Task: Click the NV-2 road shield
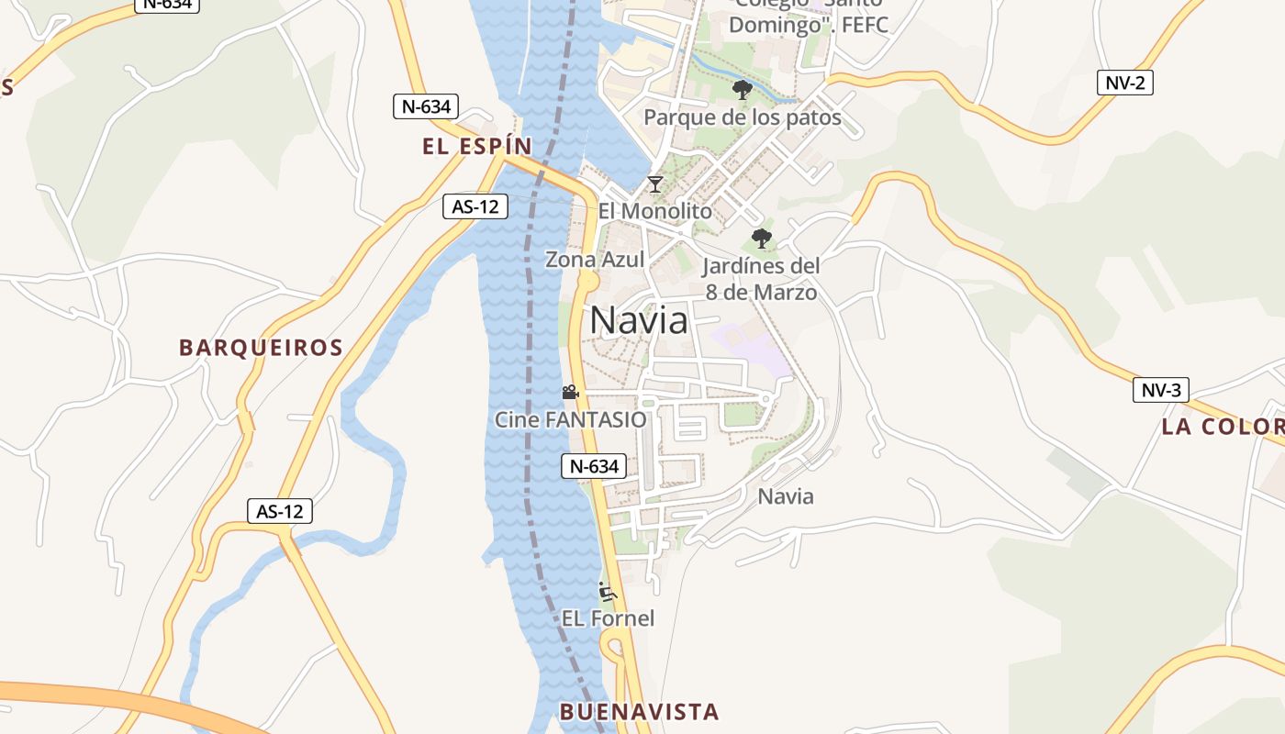tap(1124, 83)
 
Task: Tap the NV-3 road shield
tap(1160, 390)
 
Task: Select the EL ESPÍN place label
tap(477, 146)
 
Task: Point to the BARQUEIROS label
tap(261, 348)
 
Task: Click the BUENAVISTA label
tap(639, 711)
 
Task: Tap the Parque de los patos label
tap(742, 117)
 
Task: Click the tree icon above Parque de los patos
tap(742, 90)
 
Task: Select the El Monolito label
tap(654, 211)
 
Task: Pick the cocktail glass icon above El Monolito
tap(654, 184)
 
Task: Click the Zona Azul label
tap(595, 260)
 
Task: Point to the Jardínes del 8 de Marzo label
tap(760, 279)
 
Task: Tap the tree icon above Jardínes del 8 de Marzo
tap(761, 239)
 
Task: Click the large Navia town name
tap(639, 319)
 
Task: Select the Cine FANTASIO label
tap(570, 419)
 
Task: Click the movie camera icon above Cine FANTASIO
tap(570, 393)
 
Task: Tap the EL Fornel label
tap(608, 618)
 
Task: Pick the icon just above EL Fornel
tap(607, 592)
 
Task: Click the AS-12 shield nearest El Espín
tap(475, 206)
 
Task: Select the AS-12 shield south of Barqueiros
tap(280, 511)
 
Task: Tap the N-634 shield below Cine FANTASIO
tap(594, 466)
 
